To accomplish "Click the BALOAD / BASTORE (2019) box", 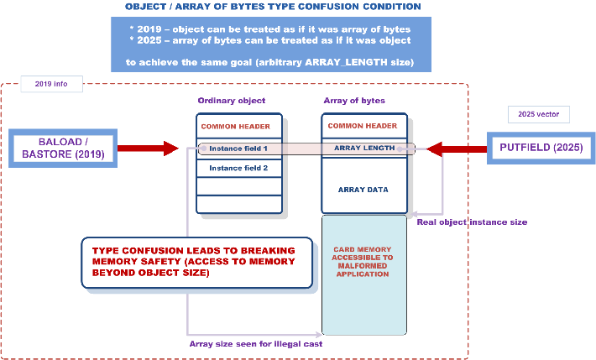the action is (x=63, y=149).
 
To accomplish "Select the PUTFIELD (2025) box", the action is (x=541, y=148).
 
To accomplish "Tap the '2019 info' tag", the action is (x=51, y=84).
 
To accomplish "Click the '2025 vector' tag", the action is (x=539, y=114).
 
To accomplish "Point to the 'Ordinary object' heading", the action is (x=232, y=101).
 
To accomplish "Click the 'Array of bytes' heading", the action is (x=354, y=101).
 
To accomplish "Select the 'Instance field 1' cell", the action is (x=239, y=149).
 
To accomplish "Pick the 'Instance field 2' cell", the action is (x=239, y=168).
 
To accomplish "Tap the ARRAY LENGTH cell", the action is (x=364, y=148).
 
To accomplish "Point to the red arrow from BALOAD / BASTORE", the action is (x=148, y=149).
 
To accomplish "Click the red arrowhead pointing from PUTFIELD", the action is (x=434, y=149).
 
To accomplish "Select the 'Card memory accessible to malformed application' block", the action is (x=364, y=275).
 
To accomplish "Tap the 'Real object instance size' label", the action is (x=472, y=222).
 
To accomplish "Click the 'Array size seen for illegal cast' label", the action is (x=256, y=344).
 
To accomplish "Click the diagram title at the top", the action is (x=273, y=7).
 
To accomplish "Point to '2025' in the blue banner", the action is (x=149, y=40).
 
